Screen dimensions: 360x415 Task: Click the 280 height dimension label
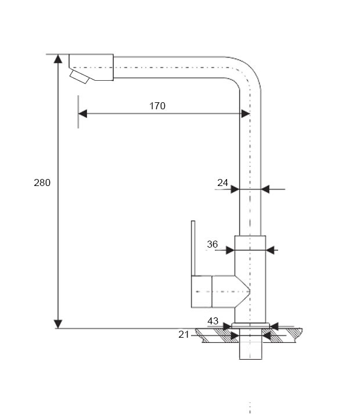pos(42,183)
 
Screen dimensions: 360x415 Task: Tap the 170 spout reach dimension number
pos(157,106)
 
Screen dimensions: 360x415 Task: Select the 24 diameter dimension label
pos(222,183)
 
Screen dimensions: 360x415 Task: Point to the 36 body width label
pos(213,244)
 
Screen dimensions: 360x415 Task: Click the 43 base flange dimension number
pos(213,321)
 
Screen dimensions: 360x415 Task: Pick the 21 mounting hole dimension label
pos(183,335)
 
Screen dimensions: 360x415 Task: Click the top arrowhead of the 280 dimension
pos(58,59)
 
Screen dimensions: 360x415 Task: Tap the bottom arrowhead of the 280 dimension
pos(58,324)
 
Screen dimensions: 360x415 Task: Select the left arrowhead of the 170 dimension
pos(82,114)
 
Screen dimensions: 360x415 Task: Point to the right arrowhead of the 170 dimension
pos(246,114)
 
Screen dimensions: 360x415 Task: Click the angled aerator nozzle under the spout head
pos(80,77)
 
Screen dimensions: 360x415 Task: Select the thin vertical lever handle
pos(193,248)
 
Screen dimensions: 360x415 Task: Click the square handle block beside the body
pos(201,292)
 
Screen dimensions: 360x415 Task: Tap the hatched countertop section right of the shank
pos(282,335)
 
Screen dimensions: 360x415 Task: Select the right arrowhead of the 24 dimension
pos(265,189)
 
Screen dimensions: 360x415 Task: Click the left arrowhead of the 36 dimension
pos(230,250)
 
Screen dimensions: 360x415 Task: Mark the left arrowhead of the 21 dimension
pos(235,335)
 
